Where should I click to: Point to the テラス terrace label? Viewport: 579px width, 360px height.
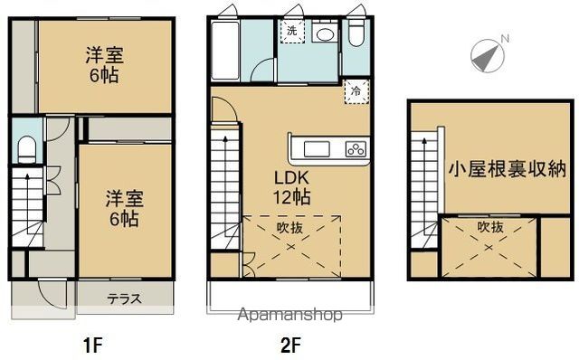coord(124,298)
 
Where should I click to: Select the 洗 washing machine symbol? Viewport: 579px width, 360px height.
coord(291,31)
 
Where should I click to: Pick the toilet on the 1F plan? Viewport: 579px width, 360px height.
coord(26,147)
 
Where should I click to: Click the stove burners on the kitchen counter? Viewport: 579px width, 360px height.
coord(356,149)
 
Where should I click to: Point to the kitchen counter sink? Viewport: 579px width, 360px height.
coord(318,149)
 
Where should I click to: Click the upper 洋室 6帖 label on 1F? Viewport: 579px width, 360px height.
coord(106,63)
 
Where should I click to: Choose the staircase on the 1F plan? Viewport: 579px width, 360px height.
coord(26,206)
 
